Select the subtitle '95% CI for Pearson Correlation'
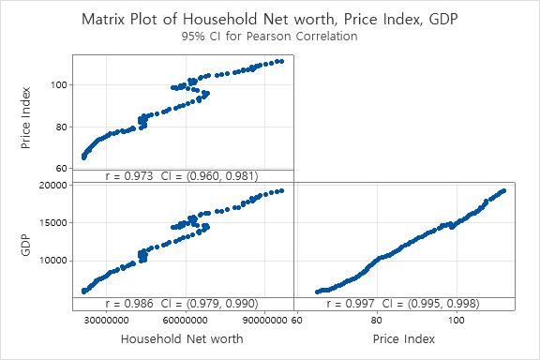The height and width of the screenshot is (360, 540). tap(269, 37)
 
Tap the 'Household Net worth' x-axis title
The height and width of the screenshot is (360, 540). tap(182, 338)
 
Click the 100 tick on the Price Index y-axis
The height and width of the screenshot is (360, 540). tap(60, 84)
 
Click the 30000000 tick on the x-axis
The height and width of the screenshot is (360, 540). tap(102, 320)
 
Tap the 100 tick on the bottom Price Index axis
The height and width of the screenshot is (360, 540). tap(457, 320)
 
